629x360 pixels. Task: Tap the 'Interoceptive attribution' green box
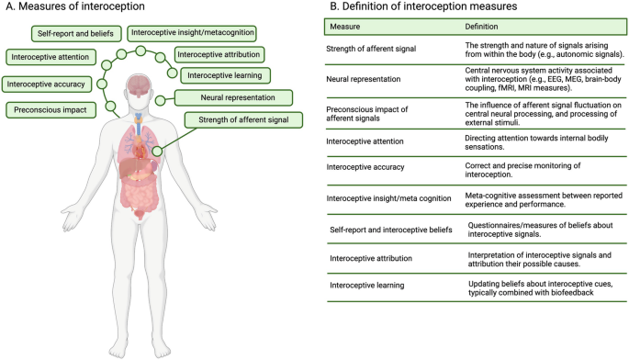(x=217, y=54)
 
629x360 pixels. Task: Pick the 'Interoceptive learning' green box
(x=225, y=75)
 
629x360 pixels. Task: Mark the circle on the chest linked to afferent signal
(x=157, y=151)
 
